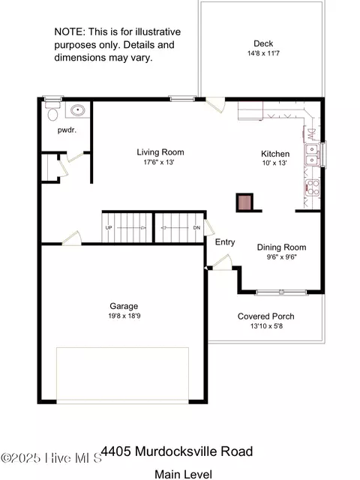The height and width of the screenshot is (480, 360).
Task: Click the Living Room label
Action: (160, 152)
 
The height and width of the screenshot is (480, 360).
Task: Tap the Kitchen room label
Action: (274, 153)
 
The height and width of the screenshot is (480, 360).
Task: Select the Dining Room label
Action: (281, 247)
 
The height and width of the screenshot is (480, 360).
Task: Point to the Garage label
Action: (124, 306)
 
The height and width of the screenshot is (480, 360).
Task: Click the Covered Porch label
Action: (260, 316)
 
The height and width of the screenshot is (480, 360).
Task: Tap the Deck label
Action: (263, 43)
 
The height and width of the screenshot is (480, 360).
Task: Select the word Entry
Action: (225, 242)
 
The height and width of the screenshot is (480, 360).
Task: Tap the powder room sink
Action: (76, 111)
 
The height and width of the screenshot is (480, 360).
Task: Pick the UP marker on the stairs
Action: (109, 227)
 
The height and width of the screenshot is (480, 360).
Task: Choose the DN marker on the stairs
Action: (196, 227)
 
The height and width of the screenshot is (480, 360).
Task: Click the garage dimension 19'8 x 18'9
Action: (124, 316)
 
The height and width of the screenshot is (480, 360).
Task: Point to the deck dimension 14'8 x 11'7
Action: (263, 53)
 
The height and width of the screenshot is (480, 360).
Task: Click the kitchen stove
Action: (311, 187)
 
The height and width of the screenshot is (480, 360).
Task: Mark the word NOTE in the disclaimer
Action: (69, 32)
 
